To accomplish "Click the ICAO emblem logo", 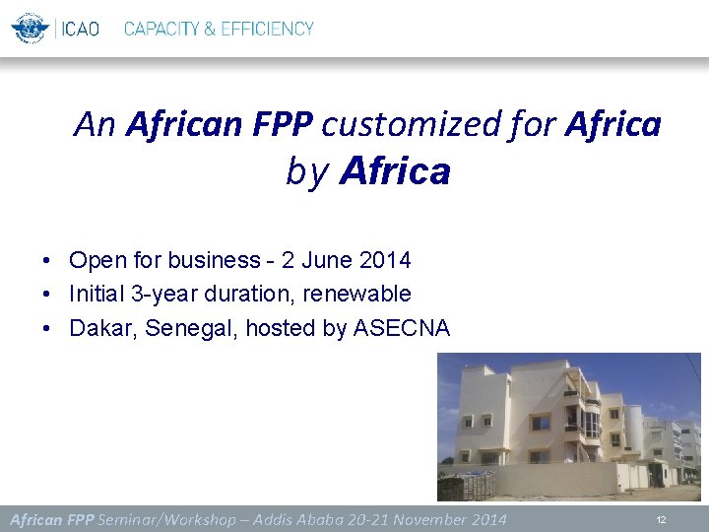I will (31, 28).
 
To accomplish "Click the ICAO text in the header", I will (81, 29).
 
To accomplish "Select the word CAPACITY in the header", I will (161, 29).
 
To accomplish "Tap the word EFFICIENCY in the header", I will (267, 29).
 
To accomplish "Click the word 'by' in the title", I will (306, 171).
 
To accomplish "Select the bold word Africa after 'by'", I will (395, 171).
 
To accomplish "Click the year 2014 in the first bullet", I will (385, 260).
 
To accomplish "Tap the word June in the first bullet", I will (326, 260).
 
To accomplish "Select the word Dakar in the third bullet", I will (102, 328).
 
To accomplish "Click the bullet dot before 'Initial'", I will (46, 295).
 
